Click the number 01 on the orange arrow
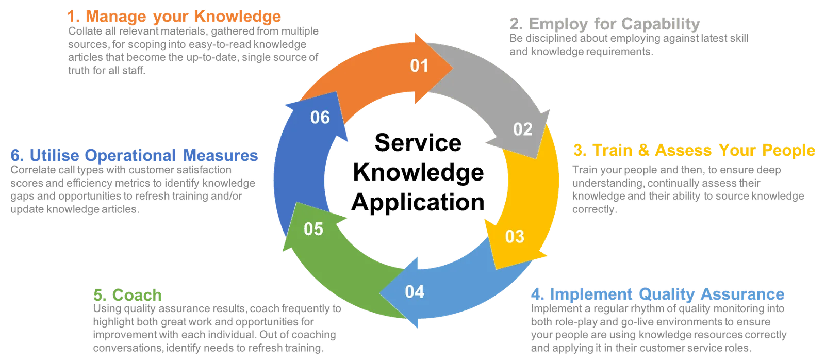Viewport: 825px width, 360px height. [419, 66]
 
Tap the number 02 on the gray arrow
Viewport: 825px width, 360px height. [523, 129]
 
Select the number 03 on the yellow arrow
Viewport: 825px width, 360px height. [515, 237]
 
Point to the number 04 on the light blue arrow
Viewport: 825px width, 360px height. [415, 292]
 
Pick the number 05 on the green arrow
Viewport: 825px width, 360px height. [313, 229]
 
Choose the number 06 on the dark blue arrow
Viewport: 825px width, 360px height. [320, 118]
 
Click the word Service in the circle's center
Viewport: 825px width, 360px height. [418, 142]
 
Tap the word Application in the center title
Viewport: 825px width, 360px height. [418, 203]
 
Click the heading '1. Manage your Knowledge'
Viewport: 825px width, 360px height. [174, 17]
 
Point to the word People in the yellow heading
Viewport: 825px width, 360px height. [788, 150]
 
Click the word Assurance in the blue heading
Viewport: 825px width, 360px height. [742, 294]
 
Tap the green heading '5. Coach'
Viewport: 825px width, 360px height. [127, 295]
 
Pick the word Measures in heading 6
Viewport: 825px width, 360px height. [220, 155]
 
